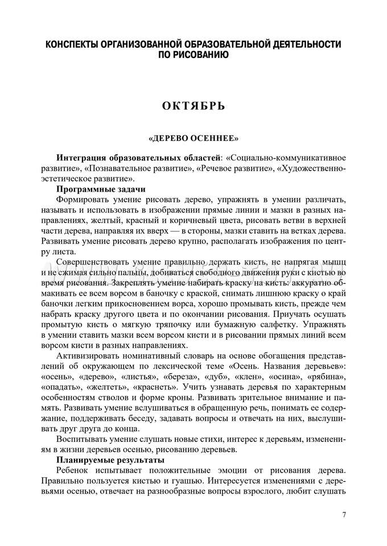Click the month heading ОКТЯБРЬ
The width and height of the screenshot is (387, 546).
click(x=193, y=106)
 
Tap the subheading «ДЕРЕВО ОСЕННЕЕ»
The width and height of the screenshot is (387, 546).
click(x=193, y=138)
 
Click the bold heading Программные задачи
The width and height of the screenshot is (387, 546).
click(x=101, y=189)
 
